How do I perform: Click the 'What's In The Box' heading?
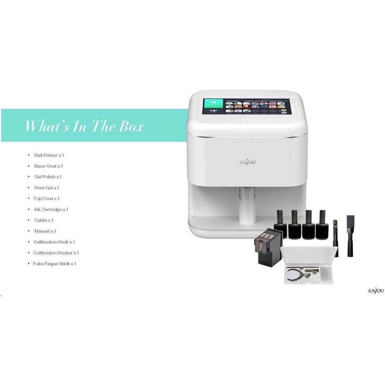85,126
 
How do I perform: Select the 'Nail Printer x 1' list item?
49,155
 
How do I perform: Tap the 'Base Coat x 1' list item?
48,166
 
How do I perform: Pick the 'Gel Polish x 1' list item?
48,177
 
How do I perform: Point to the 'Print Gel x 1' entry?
46,188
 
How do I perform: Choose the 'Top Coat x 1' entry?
46,198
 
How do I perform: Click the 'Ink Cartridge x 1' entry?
51,209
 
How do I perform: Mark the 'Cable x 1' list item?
44,220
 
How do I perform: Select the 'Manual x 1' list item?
45,231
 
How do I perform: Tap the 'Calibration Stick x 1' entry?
54,242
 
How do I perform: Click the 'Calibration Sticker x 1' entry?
56,253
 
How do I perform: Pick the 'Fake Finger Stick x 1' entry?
55,264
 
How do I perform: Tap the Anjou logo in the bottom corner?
376,291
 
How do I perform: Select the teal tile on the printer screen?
213,106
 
